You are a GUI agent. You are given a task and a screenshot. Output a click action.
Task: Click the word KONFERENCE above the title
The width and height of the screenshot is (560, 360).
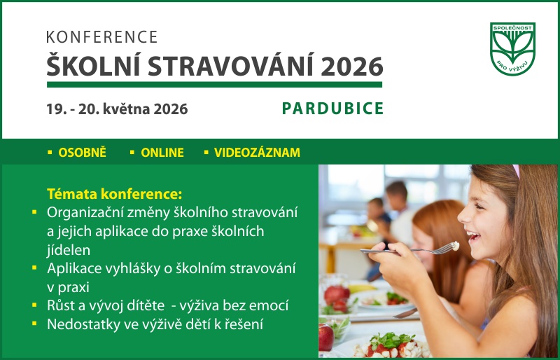(102, 38)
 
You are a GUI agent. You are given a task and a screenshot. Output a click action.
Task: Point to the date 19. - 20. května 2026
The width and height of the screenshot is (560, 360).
(117, 109)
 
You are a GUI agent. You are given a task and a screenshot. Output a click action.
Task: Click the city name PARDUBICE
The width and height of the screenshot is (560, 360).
(332, 109)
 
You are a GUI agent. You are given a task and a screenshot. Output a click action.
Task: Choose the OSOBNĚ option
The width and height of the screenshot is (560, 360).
(82, 153)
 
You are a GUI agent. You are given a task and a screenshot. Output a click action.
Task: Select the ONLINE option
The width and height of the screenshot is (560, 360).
(162, 153)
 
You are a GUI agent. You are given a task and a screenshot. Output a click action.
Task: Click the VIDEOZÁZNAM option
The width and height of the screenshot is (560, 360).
(257, 153)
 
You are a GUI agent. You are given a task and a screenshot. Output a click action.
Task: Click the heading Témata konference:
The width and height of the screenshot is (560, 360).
(114, 193)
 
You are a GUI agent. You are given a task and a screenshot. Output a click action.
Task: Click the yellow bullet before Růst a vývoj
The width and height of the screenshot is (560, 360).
(34, 305)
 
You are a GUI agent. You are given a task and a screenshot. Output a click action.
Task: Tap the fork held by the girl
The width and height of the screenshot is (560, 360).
(413, 249)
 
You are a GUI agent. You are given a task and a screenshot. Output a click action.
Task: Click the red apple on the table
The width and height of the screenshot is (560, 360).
(325, 336)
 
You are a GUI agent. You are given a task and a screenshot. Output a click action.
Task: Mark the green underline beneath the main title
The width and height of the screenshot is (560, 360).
(214, 85)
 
